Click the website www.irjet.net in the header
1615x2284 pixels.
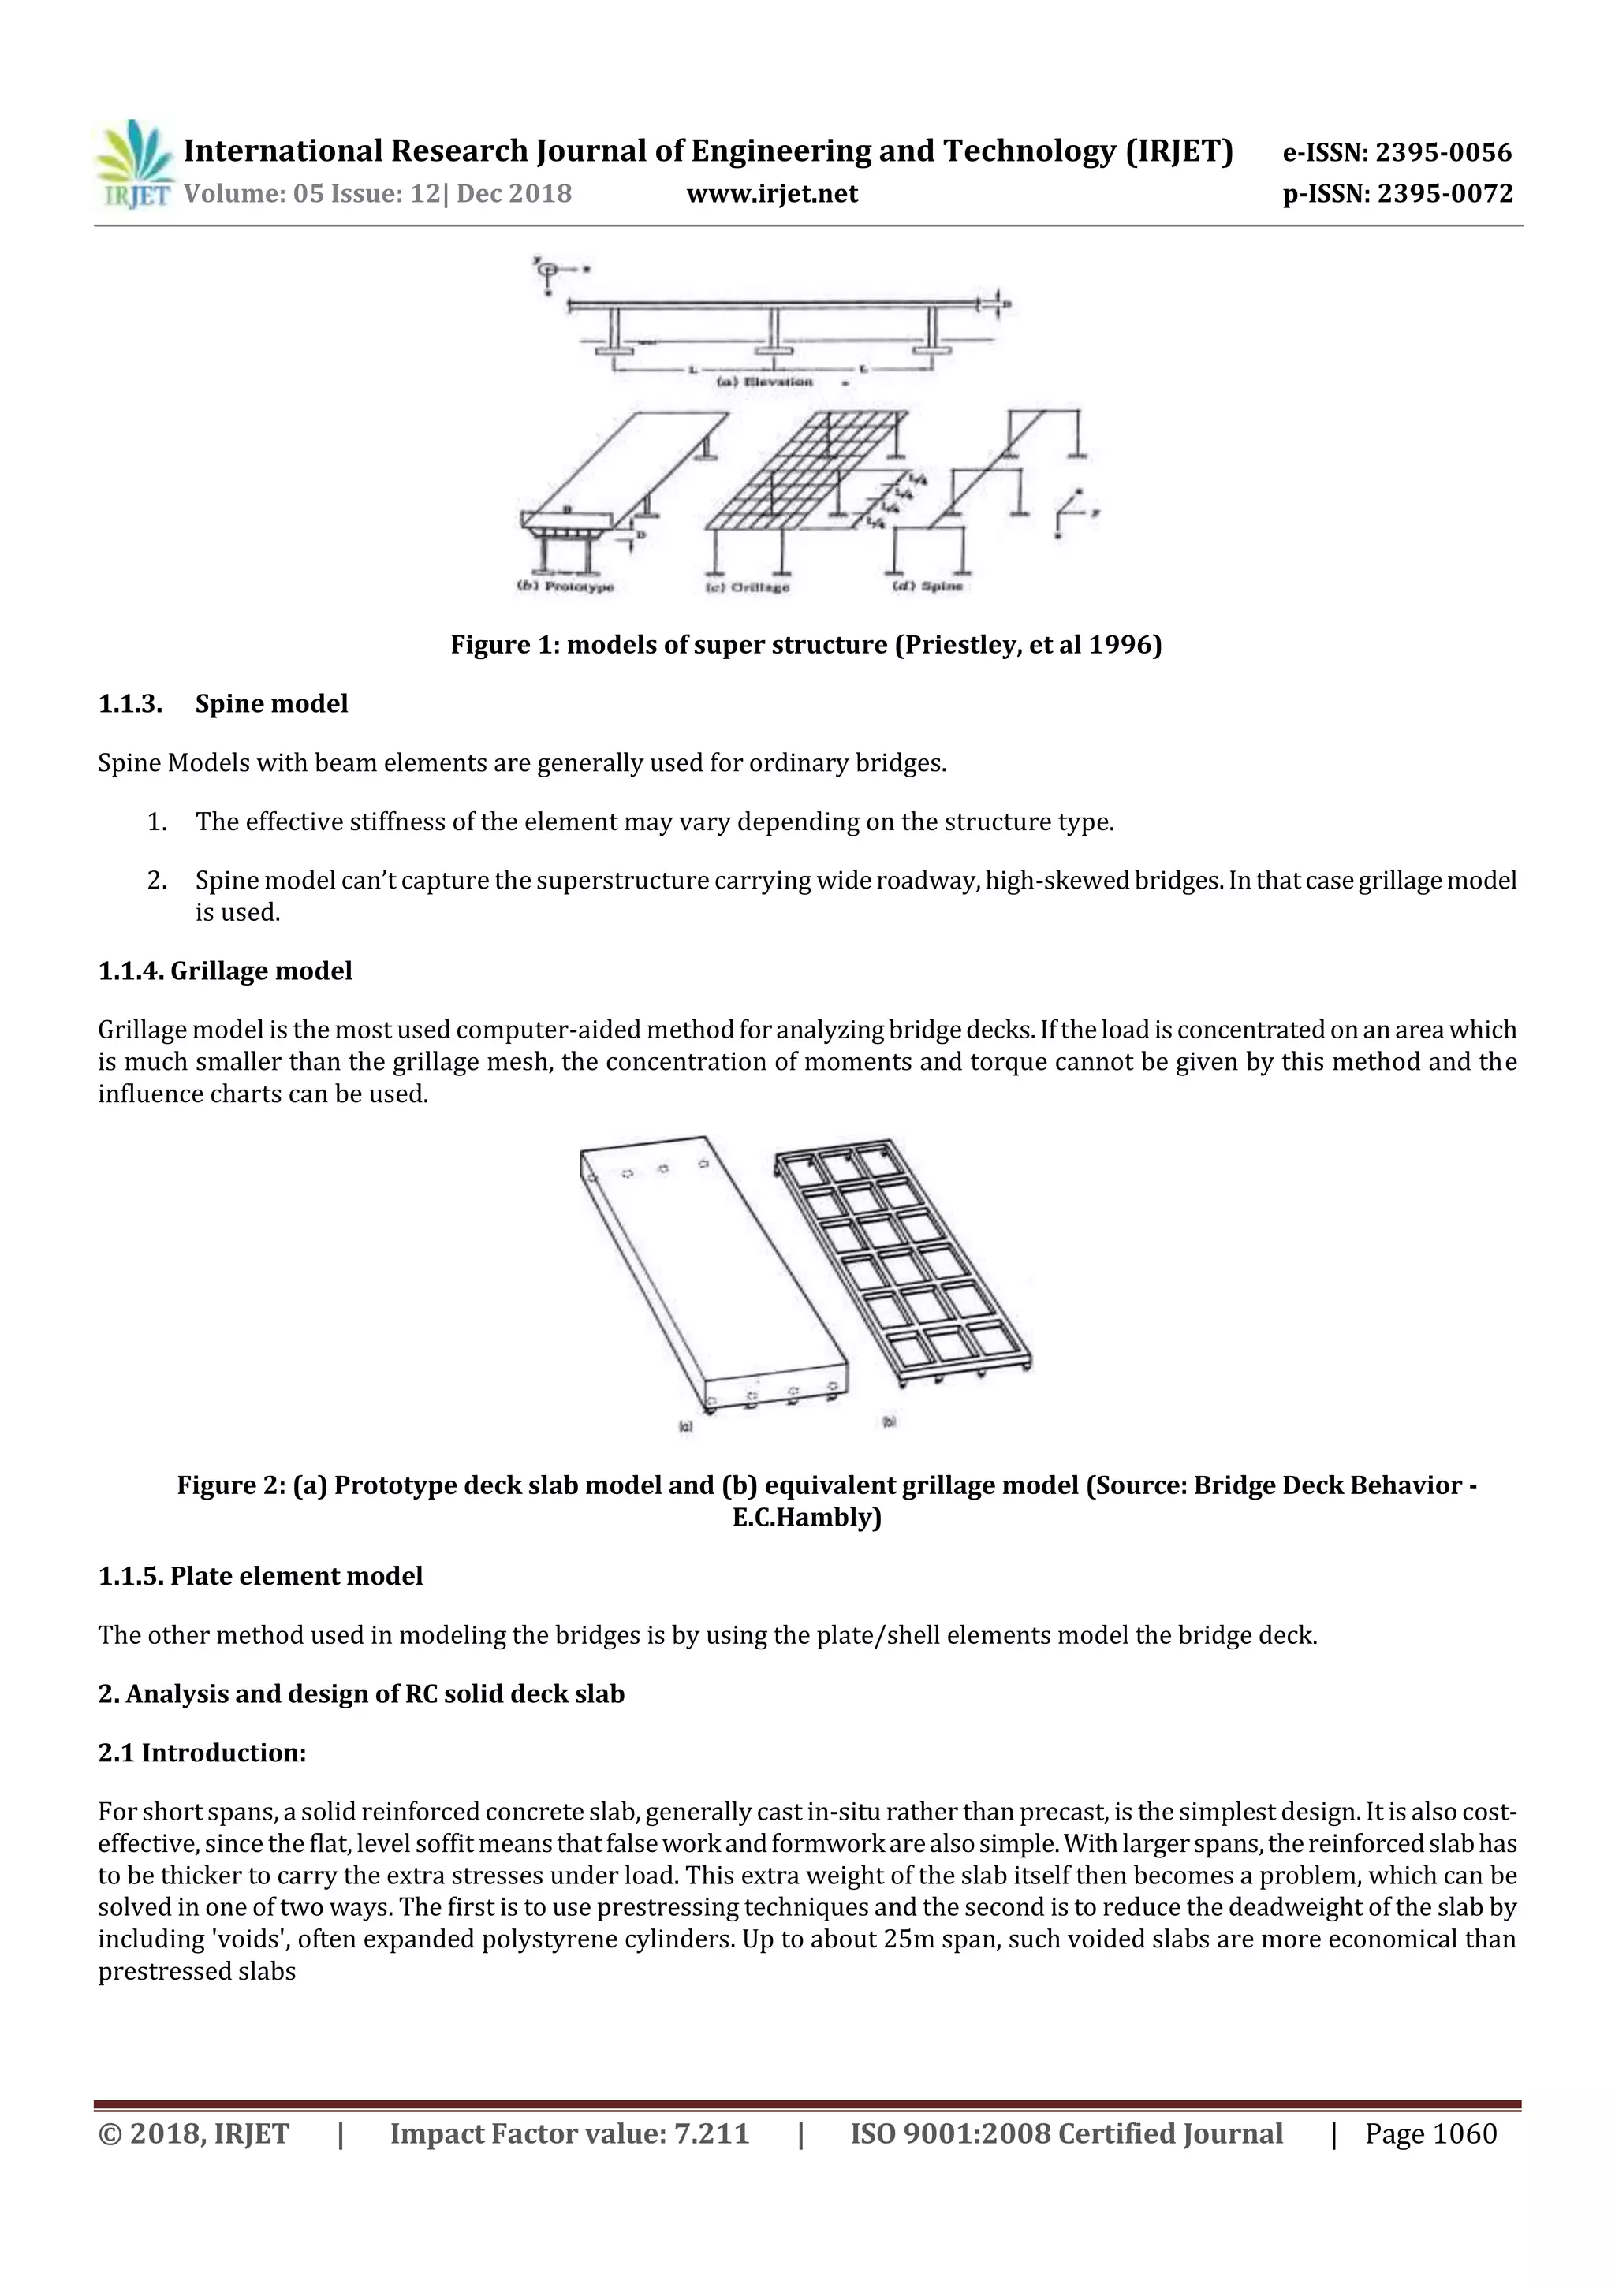click(771, 193)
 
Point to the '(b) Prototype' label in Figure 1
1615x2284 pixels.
click(565, 586)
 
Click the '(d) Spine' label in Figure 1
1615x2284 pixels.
click(927, 586)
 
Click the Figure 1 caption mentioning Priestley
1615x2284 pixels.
click(806, 645)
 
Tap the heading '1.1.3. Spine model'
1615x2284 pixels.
click(223, 703)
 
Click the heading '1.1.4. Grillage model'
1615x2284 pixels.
click(225, 970)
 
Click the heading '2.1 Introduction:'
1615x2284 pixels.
click(202, 1752)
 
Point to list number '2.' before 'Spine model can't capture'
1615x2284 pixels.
click(156, 881)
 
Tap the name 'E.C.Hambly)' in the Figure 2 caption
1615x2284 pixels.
click(806, 1517)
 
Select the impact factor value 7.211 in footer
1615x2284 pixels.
click(711, 2133)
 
